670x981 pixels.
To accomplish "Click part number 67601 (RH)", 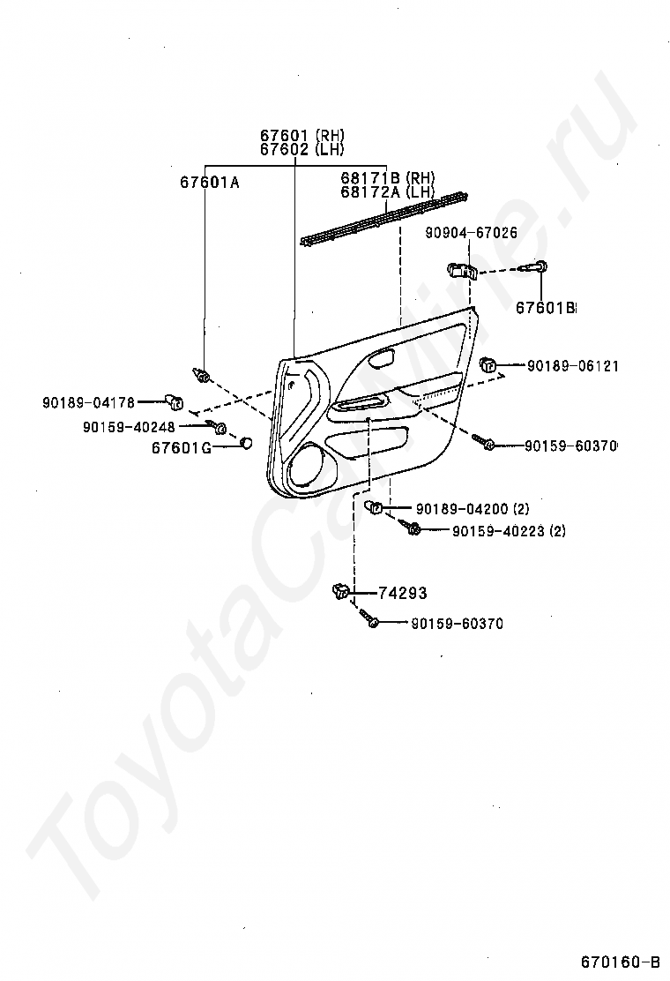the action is coord(301,136).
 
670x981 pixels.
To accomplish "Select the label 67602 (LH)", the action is coord(301,150).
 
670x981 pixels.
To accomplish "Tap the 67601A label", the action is coord(210,183).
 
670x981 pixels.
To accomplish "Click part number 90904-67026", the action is coord(471,233).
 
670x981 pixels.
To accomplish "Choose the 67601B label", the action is coord(545,308).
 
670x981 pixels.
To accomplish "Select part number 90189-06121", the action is coord(572,365).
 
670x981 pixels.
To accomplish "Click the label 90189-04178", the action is coord(88,403).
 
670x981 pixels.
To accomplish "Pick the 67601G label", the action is coord(182,447).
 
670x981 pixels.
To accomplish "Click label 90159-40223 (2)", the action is coord(509,531).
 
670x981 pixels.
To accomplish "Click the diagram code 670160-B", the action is coord(620,961).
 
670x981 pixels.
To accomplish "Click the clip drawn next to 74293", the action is coord(342,592).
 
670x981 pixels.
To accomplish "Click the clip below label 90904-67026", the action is coord(463,269).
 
